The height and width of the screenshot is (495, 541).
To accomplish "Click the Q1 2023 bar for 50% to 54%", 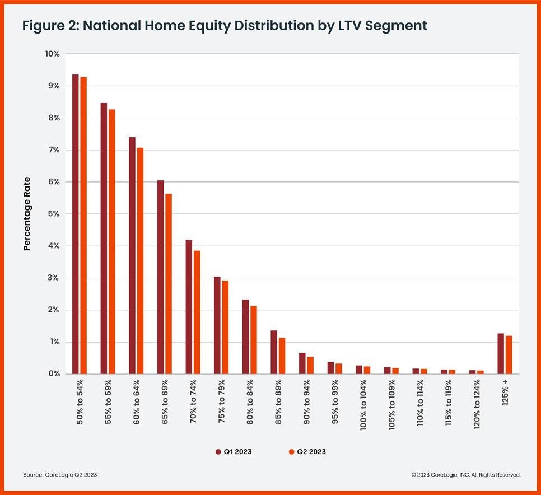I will [75, 224].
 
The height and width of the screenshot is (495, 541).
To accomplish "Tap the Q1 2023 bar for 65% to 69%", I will [160, 277].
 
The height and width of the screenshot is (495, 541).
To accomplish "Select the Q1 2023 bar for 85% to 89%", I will [274, 352].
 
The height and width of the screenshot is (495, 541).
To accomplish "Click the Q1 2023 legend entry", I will [233, 452].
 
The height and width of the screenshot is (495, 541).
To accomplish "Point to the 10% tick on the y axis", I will [53, 54].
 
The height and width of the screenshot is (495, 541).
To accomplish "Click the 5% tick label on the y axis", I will [54, 214].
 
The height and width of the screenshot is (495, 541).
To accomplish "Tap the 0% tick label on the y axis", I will [54, 374].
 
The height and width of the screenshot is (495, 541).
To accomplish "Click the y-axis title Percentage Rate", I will [27, 214].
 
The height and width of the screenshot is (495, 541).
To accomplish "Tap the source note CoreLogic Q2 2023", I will [60, 475].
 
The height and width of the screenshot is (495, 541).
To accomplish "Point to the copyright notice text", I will [466, 475].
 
